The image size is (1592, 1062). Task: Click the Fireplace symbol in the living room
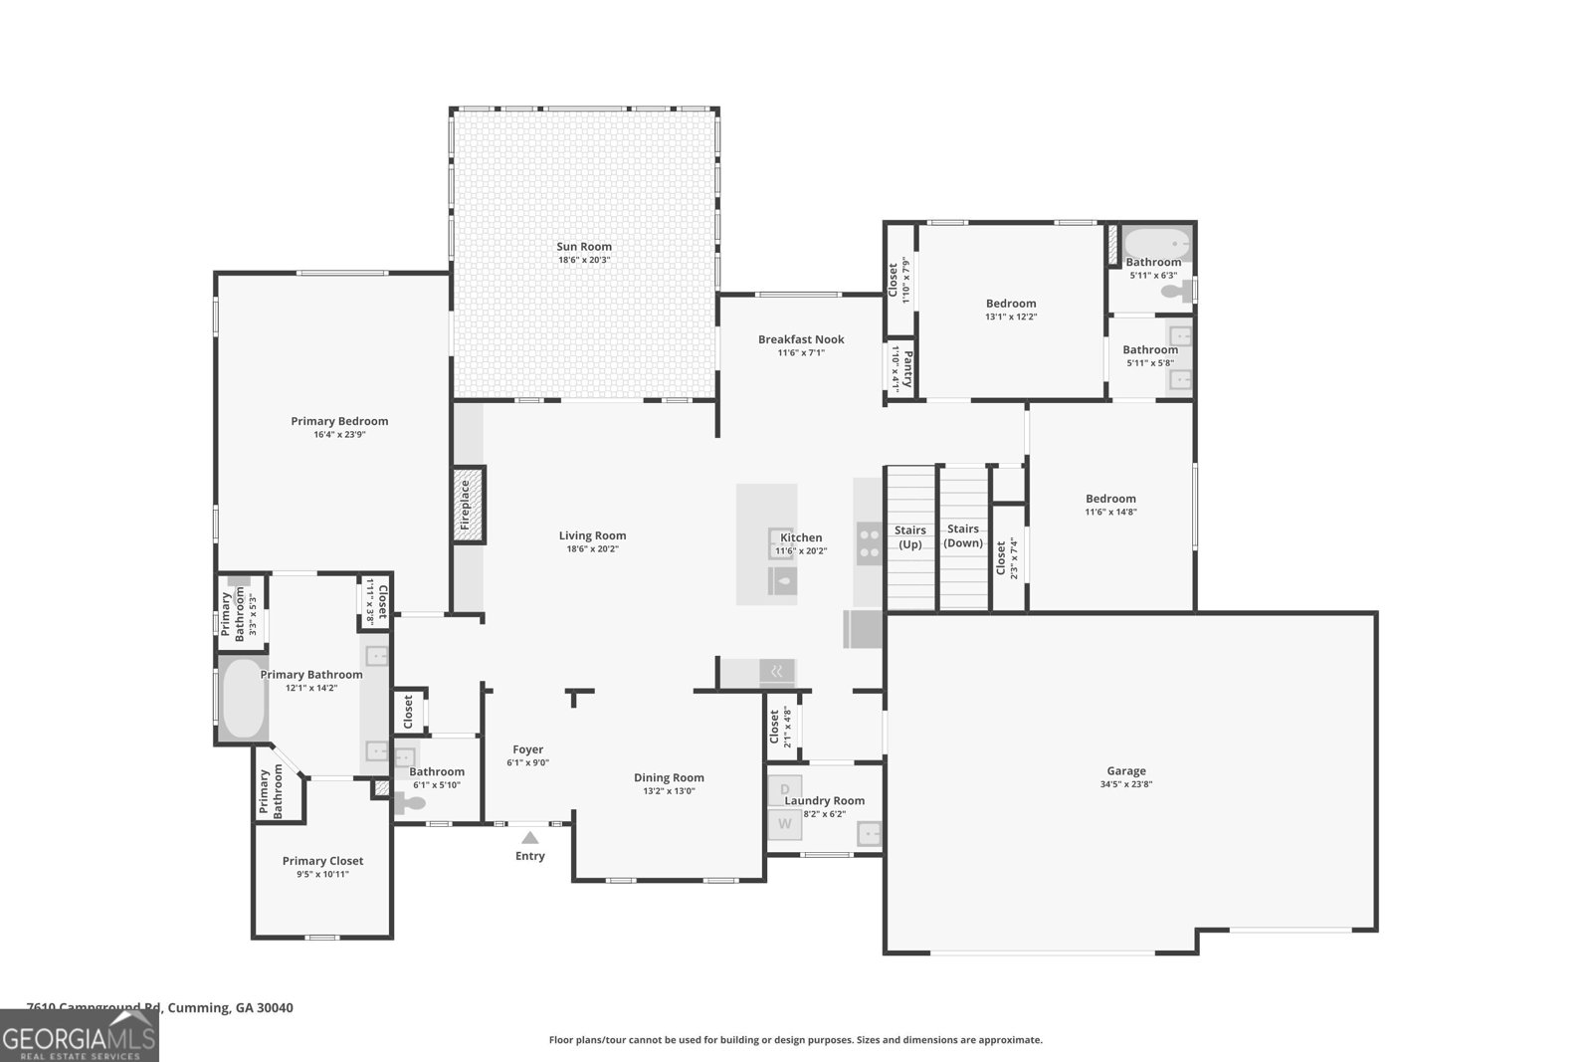point(469,505)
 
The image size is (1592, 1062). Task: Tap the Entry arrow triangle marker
point(530,838)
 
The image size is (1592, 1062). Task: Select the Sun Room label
point(584,247)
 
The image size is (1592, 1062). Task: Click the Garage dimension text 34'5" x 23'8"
point(1126,784)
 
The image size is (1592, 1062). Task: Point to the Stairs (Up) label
point(909,537)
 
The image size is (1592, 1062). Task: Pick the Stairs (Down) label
point(962,535)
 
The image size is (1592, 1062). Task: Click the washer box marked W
point(785,824)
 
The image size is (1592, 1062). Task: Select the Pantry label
point(906,368)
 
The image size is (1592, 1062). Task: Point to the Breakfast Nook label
point(801,339)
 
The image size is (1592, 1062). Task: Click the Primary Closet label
point(322,861)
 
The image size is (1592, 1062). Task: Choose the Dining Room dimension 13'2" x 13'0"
point(669,791)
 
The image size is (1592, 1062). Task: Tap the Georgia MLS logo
point(79,1035)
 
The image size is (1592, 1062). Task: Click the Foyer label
point(527,749)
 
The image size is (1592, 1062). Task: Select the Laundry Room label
point(824,800)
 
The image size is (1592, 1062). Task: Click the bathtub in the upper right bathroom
point(1157,243)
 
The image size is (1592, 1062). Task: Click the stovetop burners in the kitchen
point(870,541)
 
